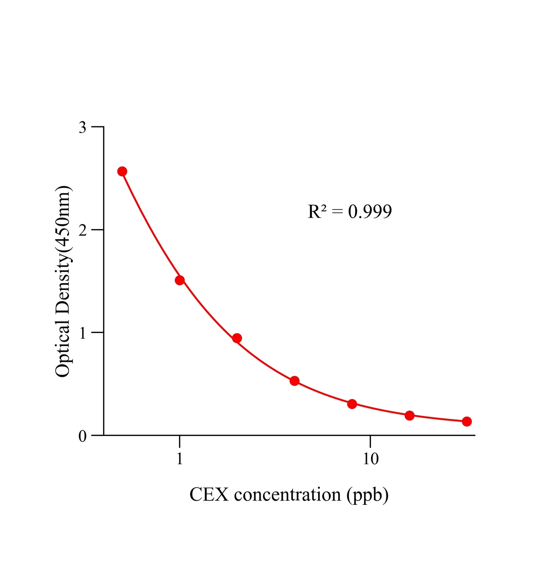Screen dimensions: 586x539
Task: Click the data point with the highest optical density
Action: [122, 171]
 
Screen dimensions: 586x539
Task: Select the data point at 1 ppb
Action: [180, 281]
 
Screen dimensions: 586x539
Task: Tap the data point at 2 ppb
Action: [237, 338]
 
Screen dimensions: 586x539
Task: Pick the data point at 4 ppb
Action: [294, 381]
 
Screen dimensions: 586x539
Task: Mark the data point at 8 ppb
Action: [352, 404]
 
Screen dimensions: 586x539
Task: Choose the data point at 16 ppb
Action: [409, 416]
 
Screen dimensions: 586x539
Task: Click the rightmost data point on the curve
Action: [466, 422]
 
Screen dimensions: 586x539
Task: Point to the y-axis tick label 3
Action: [83, 127]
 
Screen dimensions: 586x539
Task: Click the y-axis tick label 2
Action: [83, 230]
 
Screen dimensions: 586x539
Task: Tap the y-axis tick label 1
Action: [83, 333]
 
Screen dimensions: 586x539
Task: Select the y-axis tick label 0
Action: [83, 436]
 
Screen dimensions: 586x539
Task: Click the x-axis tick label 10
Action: [371, 459]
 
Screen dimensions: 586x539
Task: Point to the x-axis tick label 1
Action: [179, 459]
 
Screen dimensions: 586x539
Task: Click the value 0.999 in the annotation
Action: [370, 212]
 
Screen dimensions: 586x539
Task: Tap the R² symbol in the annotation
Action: [317, 212]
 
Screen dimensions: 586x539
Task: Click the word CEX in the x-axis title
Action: [210, 495]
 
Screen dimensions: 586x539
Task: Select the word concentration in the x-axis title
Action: [287, 495]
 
